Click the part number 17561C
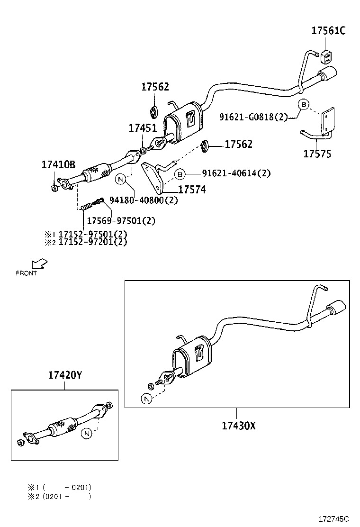tap(328, 31)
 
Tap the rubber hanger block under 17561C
tap(325, 56)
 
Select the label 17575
tap(317, 154)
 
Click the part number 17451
tap(142, 128)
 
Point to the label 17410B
tap(58, 165)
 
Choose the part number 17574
tap(192, 190)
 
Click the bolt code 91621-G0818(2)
tap(253, 117)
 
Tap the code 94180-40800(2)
tap(143, 200)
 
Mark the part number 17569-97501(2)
tap(120, 221)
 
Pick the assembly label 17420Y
tap(65, 375)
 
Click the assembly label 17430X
tap(238, 426)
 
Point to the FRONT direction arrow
tap(39, 264)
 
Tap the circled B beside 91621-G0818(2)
tap(304, 105)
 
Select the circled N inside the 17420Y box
tap(86, 433)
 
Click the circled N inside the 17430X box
tap(147, 399)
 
